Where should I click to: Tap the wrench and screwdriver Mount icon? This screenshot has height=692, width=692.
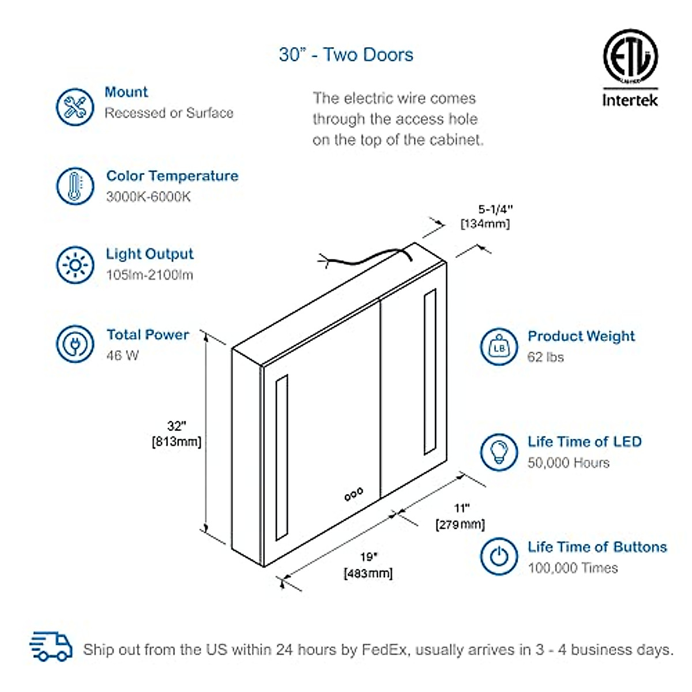(x=75, y=107)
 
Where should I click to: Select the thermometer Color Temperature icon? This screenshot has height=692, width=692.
(x=75, y=186)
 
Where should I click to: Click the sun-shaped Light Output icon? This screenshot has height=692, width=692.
(x=75, y=265)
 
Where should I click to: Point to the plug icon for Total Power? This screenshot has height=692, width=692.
(x=75, y=344)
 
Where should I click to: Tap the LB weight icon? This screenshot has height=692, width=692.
(x=499, y=347)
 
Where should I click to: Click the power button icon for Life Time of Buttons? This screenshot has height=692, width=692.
(x=499, y=556)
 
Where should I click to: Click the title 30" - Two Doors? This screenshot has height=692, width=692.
(x=346, y=55)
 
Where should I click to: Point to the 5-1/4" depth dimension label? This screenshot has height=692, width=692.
(x=486, y=216)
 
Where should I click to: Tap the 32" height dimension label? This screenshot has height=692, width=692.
(x=176, y=434)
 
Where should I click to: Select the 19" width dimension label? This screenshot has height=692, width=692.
(x=368, y=565)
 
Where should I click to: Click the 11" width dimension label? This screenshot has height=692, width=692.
(x=460, y=516)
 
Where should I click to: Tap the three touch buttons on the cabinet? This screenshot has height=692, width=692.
(x=353, y=494)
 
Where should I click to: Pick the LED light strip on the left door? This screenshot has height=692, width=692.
(x=281, y=458)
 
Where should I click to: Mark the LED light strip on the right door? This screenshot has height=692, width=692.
(x=430, y=372)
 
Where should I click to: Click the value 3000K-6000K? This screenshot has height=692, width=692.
(x=148, y=197)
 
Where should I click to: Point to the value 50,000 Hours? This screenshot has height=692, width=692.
(x=568, y=462)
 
